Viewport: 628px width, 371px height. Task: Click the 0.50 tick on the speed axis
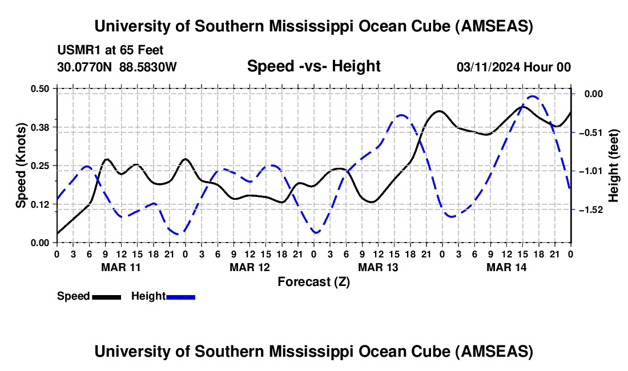pyautogui.click(x=41, y=88)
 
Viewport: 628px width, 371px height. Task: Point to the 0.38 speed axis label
pyautogui.click(x=41, y=127)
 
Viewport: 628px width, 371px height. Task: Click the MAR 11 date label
pyautogui.click(x=121, y=267)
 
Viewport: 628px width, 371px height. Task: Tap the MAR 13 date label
pyautogui.click(x=378, y=267)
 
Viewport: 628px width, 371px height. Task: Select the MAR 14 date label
pyautogui.click(x=506, y=267)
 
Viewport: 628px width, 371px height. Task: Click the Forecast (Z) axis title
pyautogui.click(x=313, y=281)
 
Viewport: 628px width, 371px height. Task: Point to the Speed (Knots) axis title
pyautogui.click(x=21, y=165)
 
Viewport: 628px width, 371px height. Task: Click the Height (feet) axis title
pyautogui.click(x=614, y=165)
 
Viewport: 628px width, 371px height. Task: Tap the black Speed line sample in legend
pyautogui.click(x=106, y=296)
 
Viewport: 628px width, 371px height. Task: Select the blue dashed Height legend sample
pyautogui.click(x=181, y=296)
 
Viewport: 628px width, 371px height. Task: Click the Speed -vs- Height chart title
pyautogui.click(x=313, y=67)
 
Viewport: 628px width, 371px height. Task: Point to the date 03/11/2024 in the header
pyautogui.click(x=489, y=67)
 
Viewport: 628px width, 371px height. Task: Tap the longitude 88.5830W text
pyautogui.click(x=148, y=67)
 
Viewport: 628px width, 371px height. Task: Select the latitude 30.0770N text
pyautogui.click(x=86, y=67)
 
